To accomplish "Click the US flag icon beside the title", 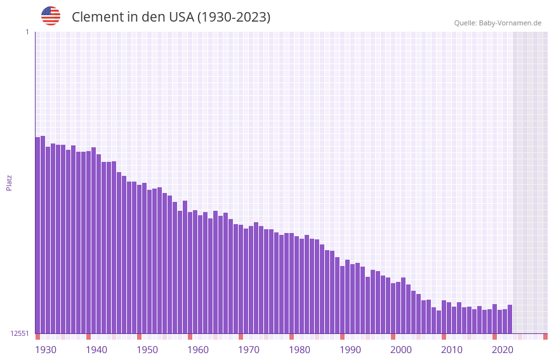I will [51, 16].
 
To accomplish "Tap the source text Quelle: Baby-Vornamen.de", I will [498, 23].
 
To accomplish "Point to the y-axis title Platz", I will [9, 182].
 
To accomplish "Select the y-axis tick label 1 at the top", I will [27, 32].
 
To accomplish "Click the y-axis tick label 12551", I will [20, 333].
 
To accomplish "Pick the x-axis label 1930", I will [46, 349].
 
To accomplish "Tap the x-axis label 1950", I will [147, 349].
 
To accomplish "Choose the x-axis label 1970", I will [249, 349].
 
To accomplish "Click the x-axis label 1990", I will [350, 349].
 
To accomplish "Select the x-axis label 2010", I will [452, 349].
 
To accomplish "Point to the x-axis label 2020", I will [503, 349].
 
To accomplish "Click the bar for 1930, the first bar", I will [37, 235].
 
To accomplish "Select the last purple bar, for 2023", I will [510, 319].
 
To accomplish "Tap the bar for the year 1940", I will [88, 242].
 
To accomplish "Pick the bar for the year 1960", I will [190, 272].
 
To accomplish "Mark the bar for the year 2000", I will [393, 308].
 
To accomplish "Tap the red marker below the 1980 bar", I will [291, 337].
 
